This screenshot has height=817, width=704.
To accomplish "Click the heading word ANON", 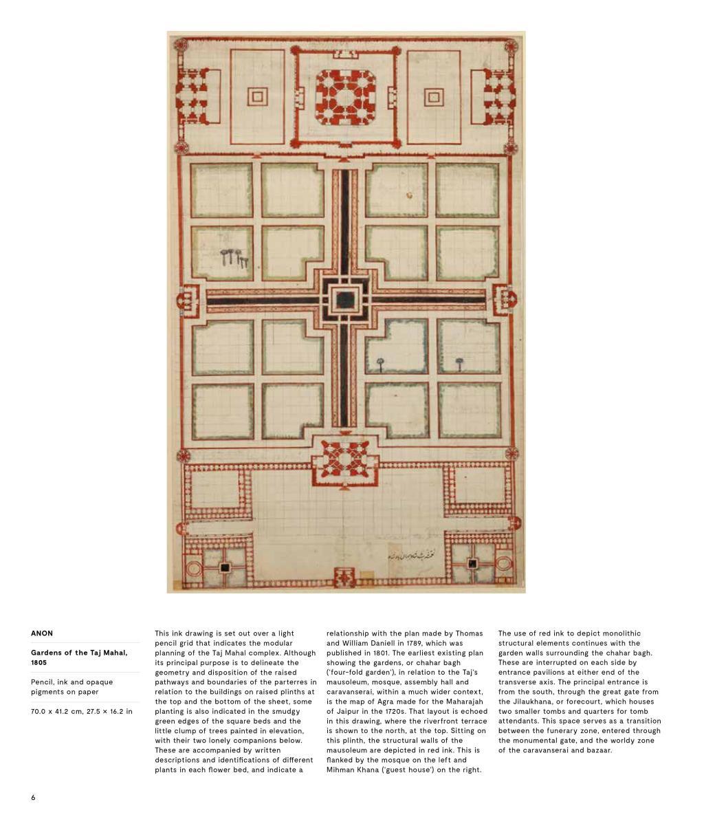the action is coord(42,633).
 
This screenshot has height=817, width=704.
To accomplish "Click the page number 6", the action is coord(33,797).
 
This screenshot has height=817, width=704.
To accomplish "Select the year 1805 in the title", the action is coord(39,663).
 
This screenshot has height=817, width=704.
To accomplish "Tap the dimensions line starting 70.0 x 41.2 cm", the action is coord(81,711).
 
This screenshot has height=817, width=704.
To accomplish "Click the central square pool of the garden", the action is coord(344,300).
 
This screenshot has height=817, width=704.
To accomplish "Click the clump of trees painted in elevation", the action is coord(234,258).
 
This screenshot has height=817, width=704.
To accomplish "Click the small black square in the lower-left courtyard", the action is coord(224,567).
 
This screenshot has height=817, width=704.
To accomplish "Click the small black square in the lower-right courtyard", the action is coord(472,564).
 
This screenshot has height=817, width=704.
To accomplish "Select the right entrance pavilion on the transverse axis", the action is coord(504,300).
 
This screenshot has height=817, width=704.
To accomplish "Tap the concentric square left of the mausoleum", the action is coord(257,97).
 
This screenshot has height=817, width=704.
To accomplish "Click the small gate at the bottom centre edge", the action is coord(344,578).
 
